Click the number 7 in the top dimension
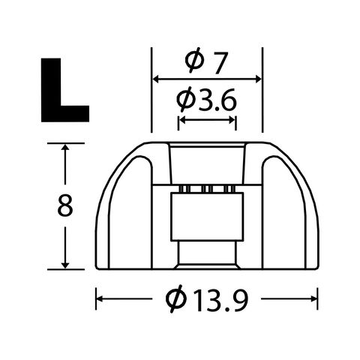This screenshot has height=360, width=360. click(x=219, y=63)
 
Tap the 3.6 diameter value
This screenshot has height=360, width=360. click(x=217, y=100)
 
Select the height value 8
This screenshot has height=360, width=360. click(x=65, y=205)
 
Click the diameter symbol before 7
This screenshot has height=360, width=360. click(x=193, y=60)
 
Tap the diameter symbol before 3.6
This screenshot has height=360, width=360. click(x=185, y=100)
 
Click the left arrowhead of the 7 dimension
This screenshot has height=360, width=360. click(x=156, y=79)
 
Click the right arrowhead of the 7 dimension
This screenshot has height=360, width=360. click(x=258, y=79)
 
